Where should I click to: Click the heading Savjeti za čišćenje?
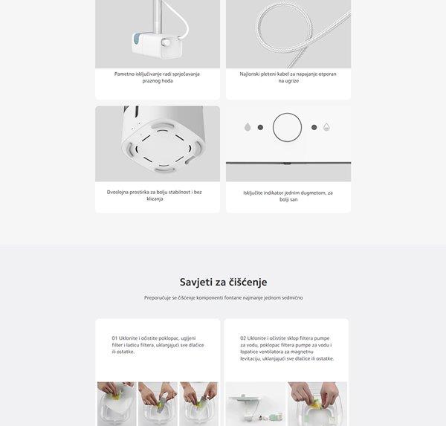pos(223,283)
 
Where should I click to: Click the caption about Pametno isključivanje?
pos(157,77)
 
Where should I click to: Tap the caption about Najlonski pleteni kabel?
pos(288,77)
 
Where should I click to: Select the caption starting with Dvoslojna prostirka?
pos(157,196)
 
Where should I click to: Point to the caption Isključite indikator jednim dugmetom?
pos(288,196)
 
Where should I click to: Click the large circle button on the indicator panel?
pos(287,127)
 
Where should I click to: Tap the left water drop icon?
pos(248,127)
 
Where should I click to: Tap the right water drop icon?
pos(326,127)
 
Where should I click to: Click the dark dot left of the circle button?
pos(260,127)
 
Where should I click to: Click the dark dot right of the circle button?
pos(314,127)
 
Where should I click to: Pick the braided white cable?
pos(290,33)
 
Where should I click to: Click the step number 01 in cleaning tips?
pos(114,338)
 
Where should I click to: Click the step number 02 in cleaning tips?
pos(243,338)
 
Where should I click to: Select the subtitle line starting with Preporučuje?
pos(223,297)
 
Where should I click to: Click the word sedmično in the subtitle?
pos(291,297)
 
